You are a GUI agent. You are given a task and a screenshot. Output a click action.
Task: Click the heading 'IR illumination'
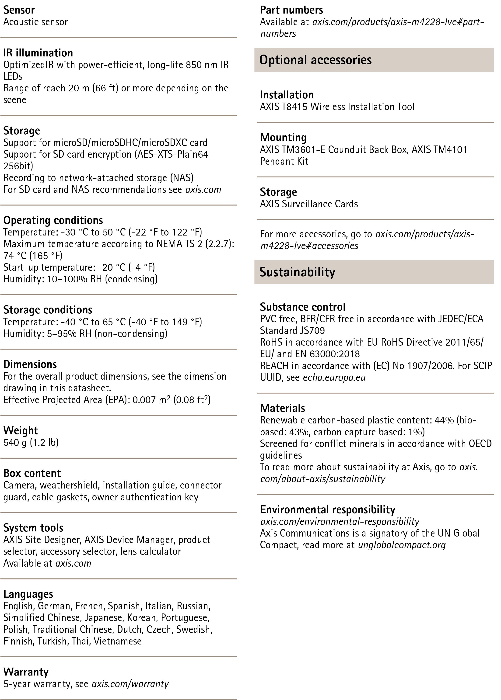click(38, 53)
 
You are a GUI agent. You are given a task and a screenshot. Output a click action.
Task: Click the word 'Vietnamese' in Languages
click(118, 641)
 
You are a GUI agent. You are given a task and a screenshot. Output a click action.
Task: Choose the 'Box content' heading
click(32, 473)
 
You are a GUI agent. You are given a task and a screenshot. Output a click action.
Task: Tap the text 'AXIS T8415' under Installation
click(284, 107)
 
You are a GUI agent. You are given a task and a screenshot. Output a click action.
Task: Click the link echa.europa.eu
click(334, 377)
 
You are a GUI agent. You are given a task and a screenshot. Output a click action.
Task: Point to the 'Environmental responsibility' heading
click(327, 509)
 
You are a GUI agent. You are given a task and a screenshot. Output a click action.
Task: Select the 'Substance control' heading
click(302, 307)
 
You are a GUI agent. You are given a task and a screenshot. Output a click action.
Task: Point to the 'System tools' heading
click(33, 528)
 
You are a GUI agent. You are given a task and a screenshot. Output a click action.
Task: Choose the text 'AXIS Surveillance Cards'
click(309, 204)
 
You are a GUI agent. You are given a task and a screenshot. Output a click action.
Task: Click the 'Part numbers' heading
click(291, 10)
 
